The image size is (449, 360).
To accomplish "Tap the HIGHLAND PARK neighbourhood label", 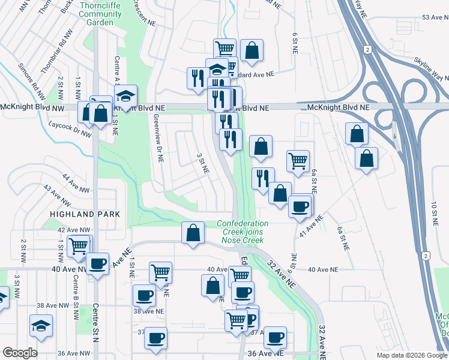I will (x=86, y=214).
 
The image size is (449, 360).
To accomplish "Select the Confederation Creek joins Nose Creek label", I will (x=243, y=232).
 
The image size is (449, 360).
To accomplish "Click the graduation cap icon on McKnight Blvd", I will (x=126, y=95).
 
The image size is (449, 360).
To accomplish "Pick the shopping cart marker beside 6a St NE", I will (x=298, y=160).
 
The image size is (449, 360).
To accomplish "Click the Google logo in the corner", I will (x=20, y=353).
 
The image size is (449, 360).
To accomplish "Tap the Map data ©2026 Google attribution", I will (x=411, y=355).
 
